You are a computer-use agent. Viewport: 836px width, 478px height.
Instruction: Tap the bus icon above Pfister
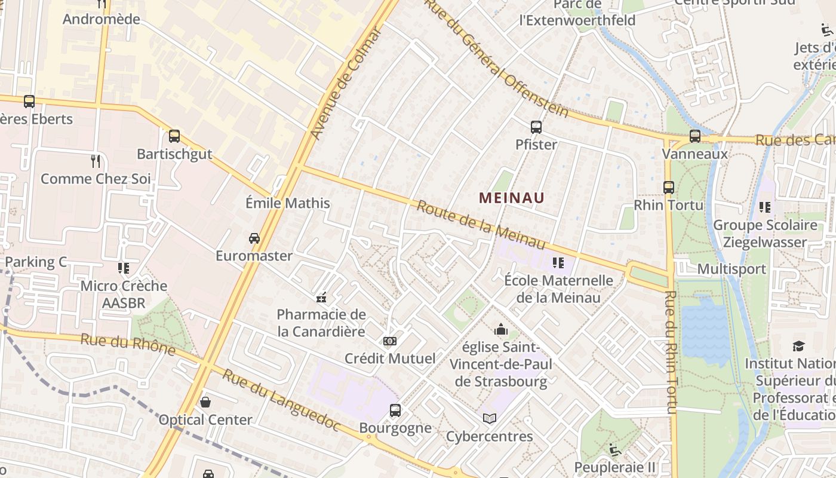point(536,127)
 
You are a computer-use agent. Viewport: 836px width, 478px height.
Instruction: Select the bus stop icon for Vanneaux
point(695,136)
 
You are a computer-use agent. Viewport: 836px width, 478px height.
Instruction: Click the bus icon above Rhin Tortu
point(669,187)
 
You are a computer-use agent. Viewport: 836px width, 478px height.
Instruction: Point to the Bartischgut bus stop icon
point(174,136)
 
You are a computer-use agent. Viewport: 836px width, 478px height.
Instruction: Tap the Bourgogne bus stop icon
point(395,410)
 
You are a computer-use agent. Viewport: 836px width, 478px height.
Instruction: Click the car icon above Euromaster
point(254,238)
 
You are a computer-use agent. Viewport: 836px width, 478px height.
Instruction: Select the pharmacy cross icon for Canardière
point(321,297)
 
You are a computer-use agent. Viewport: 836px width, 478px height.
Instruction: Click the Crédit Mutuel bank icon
point(390,341)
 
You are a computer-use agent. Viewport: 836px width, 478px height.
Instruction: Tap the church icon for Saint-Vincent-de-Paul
point(500,329)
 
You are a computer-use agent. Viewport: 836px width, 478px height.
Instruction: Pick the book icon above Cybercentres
point(490,418)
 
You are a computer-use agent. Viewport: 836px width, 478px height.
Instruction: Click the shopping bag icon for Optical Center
point(205,402)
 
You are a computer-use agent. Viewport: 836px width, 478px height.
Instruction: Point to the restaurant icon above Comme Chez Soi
point(96,160)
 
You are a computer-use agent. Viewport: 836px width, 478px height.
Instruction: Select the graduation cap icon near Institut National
point(798,346)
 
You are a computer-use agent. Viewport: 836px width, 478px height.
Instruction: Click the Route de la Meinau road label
point(481,225)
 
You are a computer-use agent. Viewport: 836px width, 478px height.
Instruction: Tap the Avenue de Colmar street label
point(346,84)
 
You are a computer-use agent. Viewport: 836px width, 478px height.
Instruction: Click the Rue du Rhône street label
point(128,344)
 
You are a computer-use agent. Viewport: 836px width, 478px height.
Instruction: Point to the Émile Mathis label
point(288,203)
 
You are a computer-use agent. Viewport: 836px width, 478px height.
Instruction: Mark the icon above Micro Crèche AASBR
point(124,268)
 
